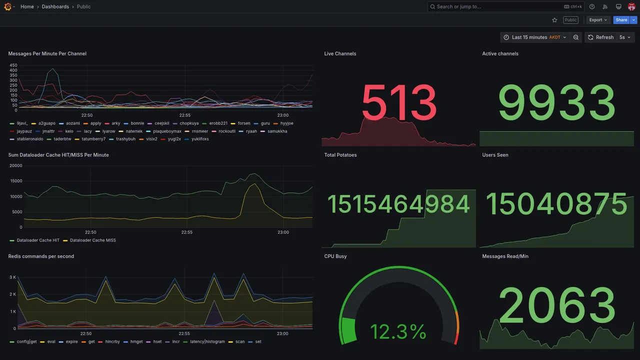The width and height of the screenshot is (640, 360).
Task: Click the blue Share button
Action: [x=621, y=20]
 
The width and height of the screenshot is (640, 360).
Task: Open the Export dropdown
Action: [x=598, y=20]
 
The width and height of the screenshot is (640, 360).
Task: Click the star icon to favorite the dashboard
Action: [x=554, y=20]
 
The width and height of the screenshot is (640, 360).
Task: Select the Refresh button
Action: [x=601, y=37]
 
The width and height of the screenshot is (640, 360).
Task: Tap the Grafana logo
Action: [x=7, y=6]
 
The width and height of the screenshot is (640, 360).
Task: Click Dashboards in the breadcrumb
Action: [x=55, y=6]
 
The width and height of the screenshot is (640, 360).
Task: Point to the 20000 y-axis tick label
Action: [x=15, y=165]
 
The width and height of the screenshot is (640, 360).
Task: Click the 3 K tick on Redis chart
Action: [x=12, y=277]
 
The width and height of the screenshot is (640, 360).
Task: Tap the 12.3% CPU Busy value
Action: [x=398, y=331]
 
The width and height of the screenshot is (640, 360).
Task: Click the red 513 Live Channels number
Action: [x=399, y=102]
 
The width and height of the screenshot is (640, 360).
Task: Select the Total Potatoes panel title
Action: [x=340, y=155]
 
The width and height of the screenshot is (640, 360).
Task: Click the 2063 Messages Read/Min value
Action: [x=556, y=305]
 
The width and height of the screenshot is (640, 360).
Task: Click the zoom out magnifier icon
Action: [x=576, y=37]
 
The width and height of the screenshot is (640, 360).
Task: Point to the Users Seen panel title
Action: [x=495, y=155]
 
